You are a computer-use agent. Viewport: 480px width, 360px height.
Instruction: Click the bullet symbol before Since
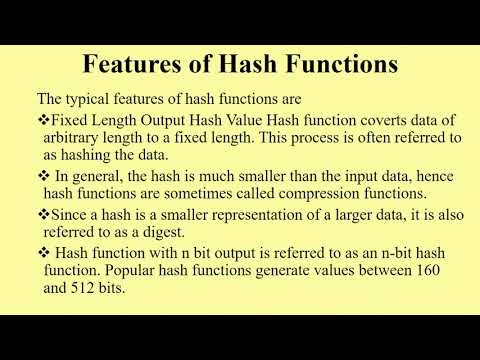pyautogui.click(x=43, y=214)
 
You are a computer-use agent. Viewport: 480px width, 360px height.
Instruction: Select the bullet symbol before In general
pyautogui.click(x=43, y=175)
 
